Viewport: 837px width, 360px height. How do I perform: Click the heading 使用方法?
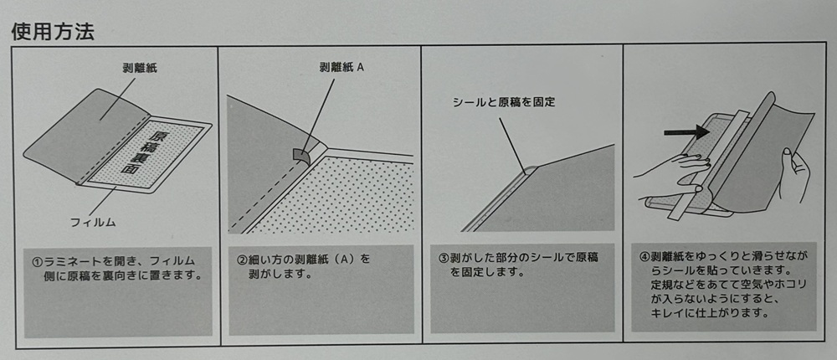52,32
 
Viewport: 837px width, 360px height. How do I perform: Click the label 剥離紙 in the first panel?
140,69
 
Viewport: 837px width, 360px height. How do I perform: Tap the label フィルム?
94,222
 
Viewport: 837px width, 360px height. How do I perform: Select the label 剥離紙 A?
341,67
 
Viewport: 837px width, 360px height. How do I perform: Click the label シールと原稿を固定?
504,102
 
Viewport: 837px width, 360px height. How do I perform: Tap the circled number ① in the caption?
37,262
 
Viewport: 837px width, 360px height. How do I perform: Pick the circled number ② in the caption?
242,260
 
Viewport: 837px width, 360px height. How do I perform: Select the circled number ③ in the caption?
444,258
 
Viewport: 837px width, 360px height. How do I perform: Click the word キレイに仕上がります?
710,313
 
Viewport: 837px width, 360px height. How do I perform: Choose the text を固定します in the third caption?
484,272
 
